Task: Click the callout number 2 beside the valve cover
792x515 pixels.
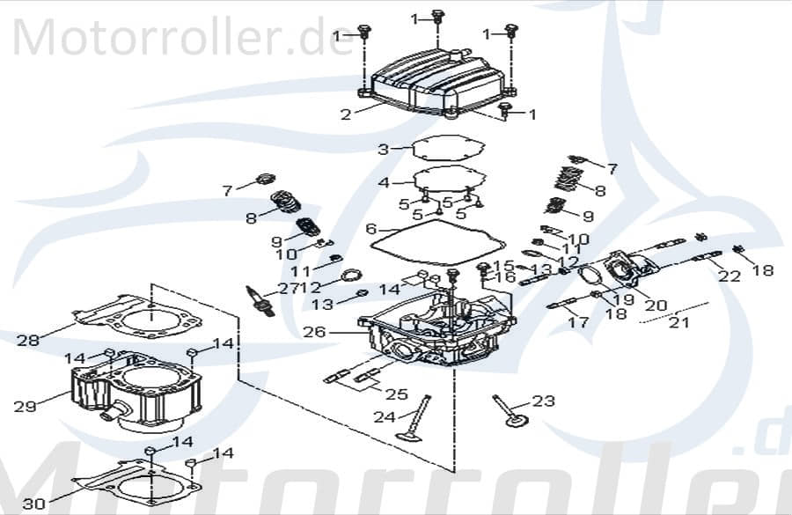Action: (345, 114)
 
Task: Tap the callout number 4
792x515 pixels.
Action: (384, 183)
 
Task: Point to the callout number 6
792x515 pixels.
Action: (371, 229)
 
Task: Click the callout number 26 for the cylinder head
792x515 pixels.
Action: (314, 333)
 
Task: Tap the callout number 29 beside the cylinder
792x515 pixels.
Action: (25, 406)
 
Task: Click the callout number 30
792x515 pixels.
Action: (33, 504)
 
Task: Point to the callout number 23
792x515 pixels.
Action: (544, 401)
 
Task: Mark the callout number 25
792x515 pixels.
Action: (397, 394)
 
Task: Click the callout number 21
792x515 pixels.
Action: (678, 323)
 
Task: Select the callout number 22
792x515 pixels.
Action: (730, 276)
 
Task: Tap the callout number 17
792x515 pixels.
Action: (577, 322)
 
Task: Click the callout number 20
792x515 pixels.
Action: (656, 305)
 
